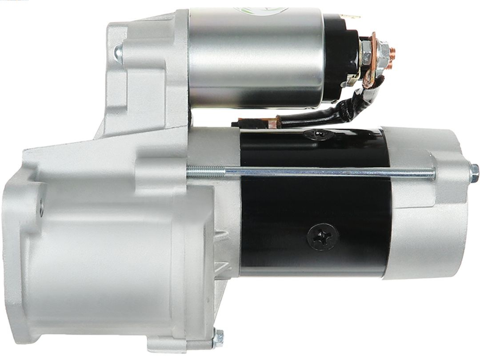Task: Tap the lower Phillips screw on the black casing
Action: pyautogui.click(x=322, y=236)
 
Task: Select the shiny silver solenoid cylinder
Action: pyautogui.click(x=256, y=58)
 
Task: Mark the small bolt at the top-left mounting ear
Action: pyautogui.click(x=117, y=52)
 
